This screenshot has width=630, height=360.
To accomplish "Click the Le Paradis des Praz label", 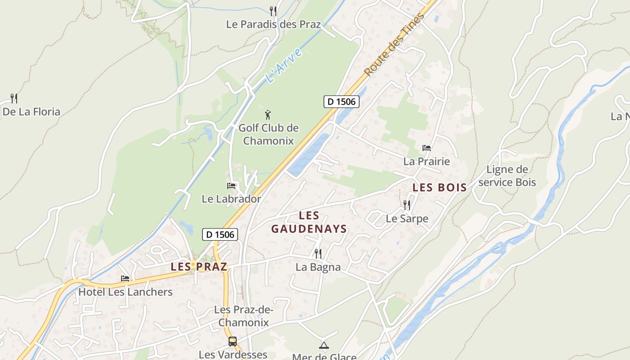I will point(274,24).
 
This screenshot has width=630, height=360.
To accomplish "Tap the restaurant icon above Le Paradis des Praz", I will point(273,10).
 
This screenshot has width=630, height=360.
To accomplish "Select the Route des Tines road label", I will point(395,45).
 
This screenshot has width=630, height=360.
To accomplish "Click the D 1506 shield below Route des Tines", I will point(342,102).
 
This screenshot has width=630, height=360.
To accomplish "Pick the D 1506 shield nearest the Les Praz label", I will point(220,234).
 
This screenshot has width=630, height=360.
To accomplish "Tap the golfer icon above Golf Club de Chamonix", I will point(268,115).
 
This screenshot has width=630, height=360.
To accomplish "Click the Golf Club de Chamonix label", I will point(268,134).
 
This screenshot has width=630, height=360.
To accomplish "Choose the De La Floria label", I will point(31,112).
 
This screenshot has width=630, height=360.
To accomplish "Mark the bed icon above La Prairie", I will point(426,148).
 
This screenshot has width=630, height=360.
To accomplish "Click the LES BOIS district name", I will point(440,188).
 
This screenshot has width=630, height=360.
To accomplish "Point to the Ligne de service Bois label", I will point(507,176).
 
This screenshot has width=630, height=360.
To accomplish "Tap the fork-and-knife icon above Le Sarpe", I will point(407,205).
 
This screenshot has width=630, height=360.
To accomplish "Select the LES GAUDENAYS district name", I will point(309,222).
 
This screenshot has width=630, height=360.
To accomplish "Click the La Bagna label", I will point(318,267).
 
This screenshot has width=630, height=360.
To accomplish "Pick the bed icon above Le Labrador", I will point(231,185).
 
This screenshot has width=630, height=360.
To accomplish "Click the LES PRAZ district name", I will point(199,266).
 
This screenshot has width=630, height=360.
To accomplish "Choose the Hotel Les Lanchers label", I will point(126,292).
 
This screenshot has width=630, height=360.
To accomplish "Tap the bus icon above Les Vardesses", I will point(233,341).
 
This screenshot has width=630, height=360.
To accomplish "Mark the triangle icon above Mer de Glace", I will point(324,345).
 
